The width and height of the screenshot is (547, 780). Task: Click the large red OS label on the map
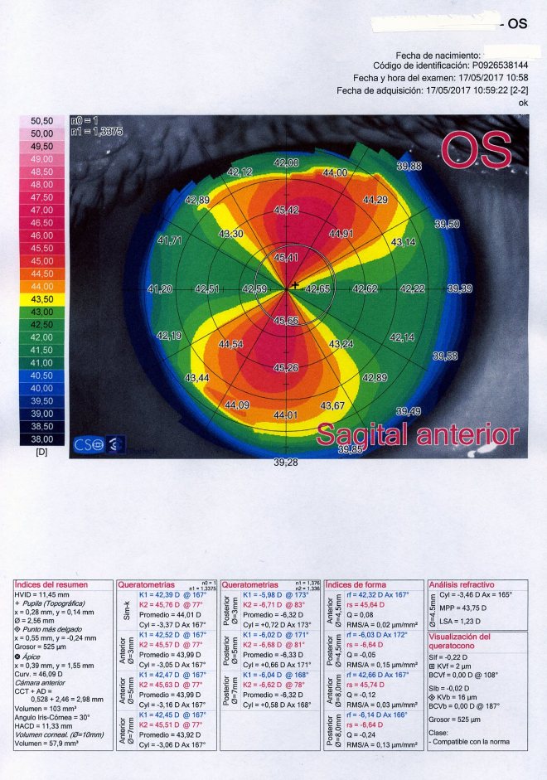pos(476,148)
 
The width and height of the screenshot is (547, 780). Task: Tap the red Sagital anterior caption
pos(418,434)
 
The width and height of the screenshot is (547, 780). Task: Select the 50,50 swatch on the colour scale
pos(41,121)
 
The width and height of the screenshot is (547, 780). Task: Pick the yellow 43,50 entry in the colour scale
pos(41,298)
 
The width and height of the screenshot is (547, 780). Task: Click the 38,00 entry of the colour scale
pos(41,438)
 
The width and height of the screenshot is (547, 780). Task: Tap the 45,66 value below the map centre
pos(286,321)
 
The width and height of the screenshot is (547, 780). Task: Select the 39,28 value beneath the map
pos(285,463)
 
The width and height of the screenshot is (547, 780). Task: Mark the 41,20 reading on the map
pos(159,288)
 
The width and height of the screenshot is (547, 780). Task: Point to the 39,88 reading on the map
pos(409,167)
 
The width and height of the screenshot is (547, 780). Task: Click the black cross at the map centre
pos(294,286)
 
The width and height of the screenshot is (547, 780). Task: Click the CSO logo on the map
pos(89,444)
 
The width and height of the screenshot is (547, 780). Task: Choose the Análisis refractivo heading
pos(462,584)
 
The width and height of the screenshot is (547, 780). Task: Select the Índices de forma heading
pos(357,584)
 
